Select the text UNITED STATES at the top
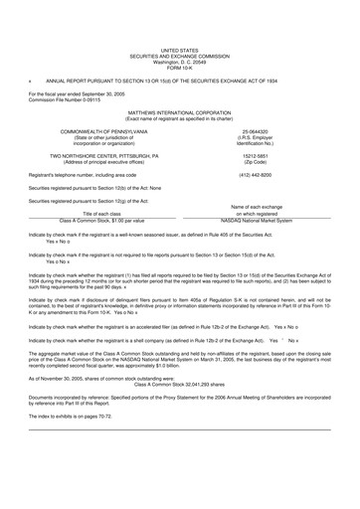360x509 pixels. coord(179,48)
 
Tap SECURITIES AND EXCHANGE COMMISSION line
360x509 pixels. coord(179,53)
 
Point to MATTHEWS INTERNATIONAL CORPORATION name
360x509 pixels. coord(179,115)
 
